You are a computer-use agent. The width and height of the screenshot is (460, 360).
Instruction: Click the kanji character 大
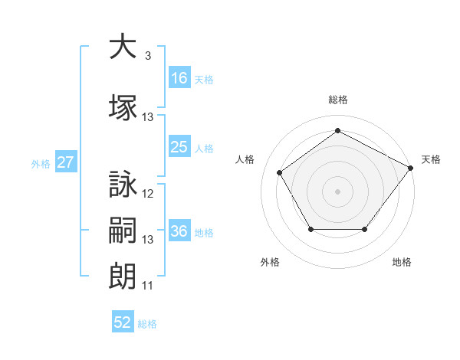(123, 46)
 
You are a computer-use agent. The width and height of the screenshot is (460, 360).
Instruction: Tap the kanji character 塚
(123, 107)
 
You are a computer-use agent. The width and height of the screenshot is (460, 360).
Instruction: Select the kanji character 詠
(123, 184)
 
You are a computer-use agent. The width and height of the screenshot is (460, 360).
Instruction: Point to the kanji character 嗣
(123, 230)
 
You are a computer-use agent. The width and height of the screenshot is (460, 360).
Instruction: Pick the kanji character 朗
(123, 277)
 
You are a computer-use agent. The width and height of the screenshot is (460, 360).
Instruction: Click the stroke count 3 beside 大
(148, 55)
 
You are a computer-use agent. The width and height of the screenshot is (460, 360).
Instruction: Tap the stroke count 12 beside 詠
(147, 194)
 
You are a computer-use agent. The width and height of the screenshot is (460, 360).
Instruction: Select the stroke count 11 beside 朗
(147, 286)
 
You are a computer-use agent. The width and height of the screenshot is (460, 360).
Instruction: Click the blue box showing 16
(179, 77)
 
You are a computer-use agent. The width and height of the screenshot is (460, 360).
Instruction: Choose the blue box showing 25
(179, 146)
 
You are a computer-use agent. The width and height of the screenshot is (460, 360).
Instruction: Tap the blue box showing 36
(179, 230)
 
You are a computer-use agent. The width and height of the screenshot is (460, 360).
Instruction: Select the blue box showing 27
(66, 162)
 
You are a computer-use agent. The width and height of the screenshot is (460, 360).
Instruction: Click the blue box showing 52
(123, 321)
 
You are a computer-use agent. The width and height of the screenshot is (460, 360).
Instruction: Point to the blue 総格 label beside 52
(147, 324)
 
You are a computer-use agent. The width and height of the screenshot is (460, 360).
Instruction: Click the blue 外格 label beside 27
(41, 164)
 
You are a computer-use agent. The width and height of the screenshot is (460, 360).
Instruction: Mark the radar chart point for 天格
(410, 168)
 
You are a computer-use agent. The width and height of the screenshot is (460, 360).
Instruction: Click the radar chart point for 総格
(337, 130)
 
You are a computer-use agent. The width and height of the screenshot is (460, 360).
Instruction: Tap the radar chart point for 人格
(280, 172)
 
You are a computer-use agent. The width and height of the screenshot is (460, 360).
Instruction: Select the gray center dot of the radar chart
(337, 191)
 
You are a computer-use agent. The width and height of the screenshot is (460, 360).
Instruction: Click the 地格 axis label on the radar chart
(402, 262)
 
